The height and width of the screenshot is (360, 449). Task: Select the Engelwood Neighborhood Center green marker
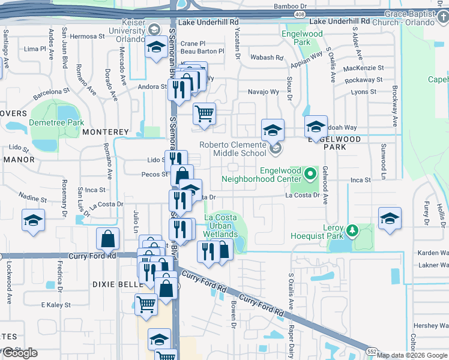(x=310, y=175)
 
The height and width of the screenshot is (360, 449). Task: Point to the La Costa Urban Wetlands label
(x=220, y=226)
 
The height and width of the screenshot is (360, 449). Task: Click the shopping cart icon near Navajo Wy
(x=205, y=113)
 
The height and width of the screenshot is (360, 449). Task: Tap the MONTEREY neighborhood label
(x=106, y=131)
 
